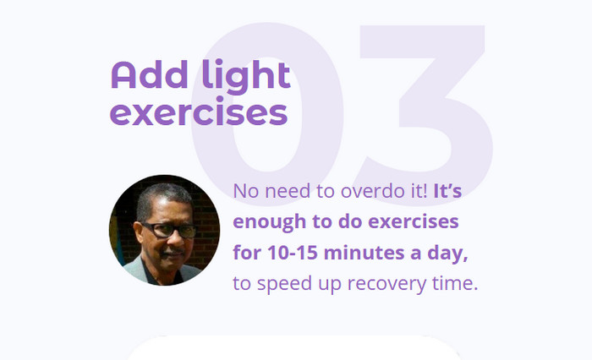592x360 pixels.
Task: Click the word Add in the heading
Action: [x=149, y=74]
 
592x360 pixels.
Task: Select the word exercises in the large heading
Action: [x=199, y=112]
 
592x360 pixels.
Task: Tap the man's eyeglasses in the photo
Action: [x=168, y=230]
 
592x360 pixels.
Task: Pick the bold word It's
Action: [x=447, y=191]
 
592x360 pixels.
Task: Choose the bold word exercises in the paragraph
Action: [x=414, y=222]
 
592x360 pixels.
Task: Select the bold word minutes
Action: [x=365, y=253]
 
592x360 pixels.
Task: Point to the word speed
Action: [x=284, y=284]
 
